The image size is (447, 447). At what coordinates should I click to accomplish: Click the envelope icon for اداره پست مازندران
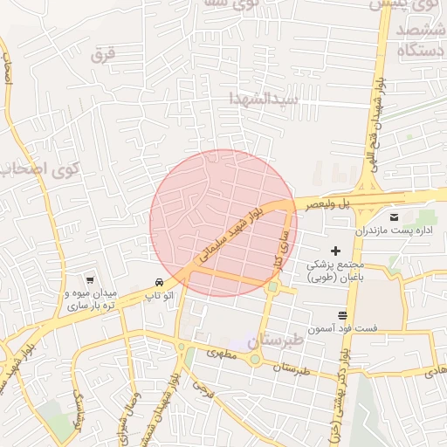coord(393,217)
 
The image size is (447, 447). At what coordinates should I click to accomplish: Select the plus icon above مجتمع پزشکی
coord(336,251)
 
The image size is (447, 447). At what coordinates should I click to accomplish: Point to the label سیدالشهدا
coord(265,98)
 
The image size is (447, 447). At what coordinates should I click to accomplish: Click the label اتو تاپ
coord(162,297)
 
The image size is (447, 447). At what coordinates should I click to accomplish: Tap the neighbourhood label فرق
coord(102,56)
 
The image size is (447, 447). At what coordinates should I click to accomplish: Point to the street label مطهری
coord(223,355)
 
